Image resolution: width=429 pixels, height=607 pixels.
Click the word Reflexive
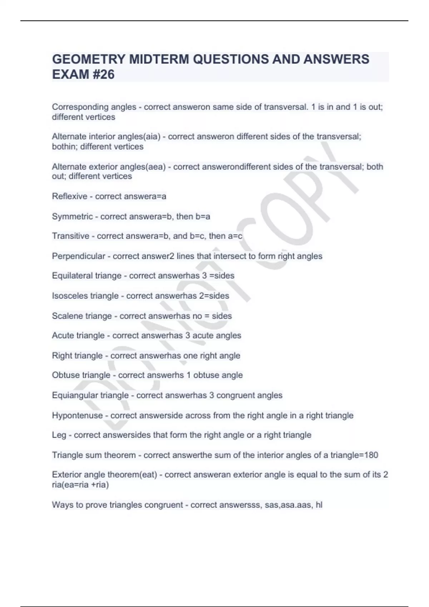tap(70, 196)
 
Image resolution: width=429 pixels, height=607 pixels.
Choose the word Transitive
tap(71, 236)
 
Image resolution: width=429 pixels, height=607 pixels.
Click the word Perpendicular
tap(79, 256)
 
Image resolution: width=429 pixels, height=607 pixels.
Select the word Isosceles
tap(70, 296)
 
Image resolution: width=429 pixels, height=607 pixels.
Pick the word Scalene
tap(66, 316)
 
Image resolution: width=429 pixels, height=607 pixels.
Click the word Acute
tap(63, 336)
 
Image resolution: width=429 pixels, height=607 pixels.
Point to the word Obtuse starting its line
tap(66, 375)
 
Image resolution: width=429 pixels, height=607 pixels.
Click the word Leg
tap(59, 435)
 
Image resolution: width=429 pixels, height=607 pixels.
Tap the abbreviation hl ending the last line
tap(319, 505)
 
